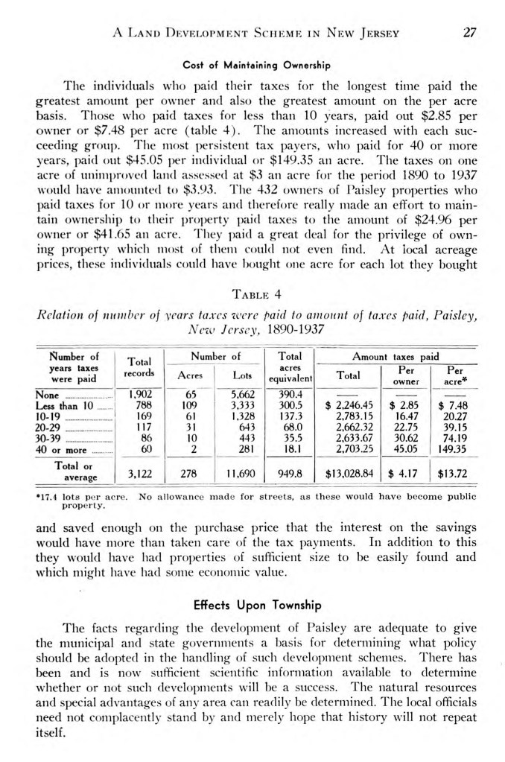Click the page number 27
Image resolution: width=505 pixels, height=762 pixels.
[x=469, y=33]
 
